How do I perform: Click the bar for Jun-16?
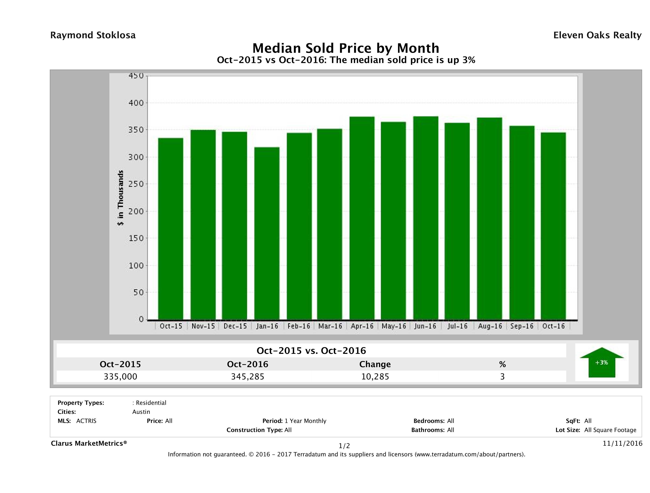pos(426,218)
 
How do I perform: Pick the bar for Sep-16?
pos(522,223)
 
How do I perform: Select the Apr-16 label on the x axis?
pos(362,326)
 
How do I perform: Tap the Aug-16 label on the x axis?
pos(490,326)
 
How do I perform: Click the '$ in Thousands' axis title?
pos(120,198)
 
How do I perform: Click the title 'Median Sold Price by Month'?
pos(346,48)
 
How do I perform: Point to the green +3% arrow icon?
pos(601,362)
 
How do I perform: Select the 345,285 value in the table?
pos(248,377)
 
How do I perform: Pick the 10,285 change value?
pos(375,377)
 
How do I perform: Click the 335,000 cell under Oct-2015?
pos(120,377)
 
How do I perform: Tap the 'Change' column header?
pos(375,364)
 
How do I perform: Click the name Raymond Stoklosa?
pos(93,35)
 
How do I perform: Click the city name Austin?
pos(141,412)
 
